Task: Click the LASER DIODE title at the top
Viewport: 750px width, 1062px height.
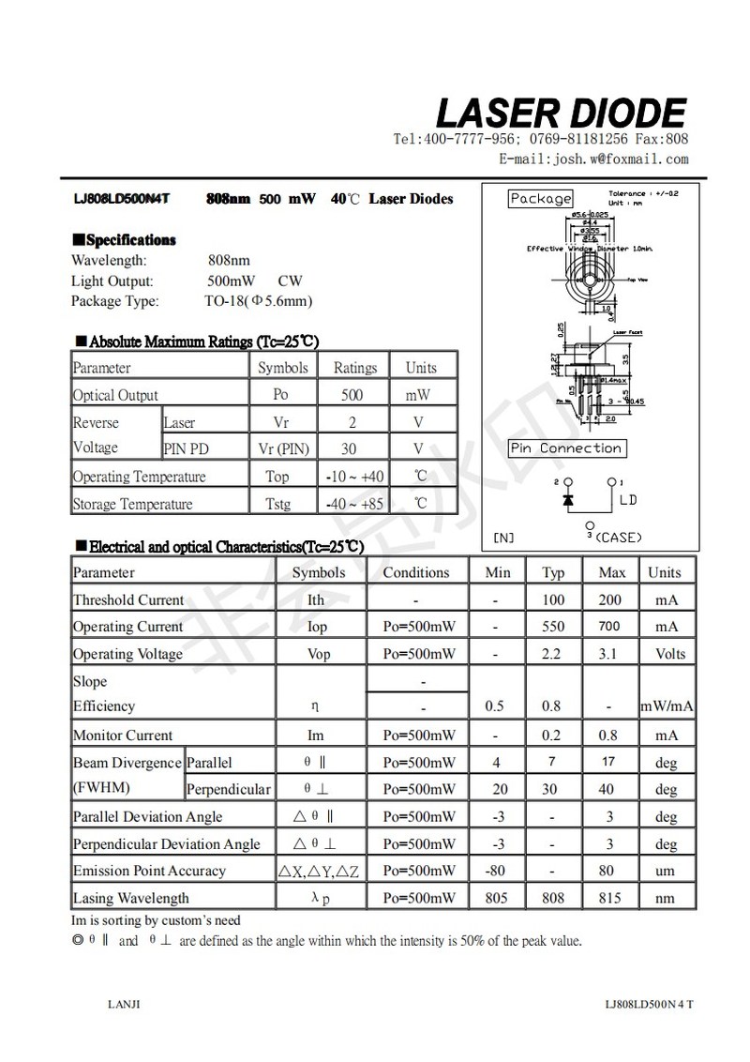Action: click(561, 114)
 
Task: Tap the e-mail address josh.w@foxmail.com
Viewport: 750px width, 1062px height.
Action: click(593, 159)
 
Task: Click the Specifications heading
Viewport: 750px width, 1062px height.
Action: click(124, 240)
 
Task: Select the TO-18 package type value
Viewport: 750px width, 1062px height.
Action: click(258, 301)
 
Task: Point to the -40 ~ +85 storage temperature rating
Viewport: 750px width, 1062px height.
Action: click(354, 504)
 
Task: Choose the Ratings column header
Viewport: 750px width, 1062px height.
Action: click(354, 368)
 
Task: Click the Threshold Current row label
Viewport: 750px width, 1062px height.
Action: click(128, 599)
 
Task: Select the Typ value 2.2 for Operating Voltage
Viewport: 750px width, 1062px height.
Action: click(553, 653)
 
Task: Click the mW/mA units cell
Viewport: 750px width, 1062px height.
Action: click(666, 706)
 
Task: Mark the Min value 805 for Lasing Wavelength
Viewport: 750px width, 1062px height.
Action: click(496, 898)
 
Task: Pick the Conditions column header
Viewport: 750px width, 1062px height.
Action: click(416, 572)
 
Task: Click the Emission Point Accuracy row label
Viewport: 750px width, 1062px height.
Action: click(149, 871)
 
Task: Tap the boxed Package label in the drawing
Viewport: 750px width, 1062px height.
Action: click(540, 199)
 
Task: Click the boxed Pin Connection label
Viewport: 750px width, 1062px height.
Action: click(566, 448)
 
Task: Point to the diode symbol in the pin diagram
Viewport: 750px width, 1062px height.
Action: click(567, 500)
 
